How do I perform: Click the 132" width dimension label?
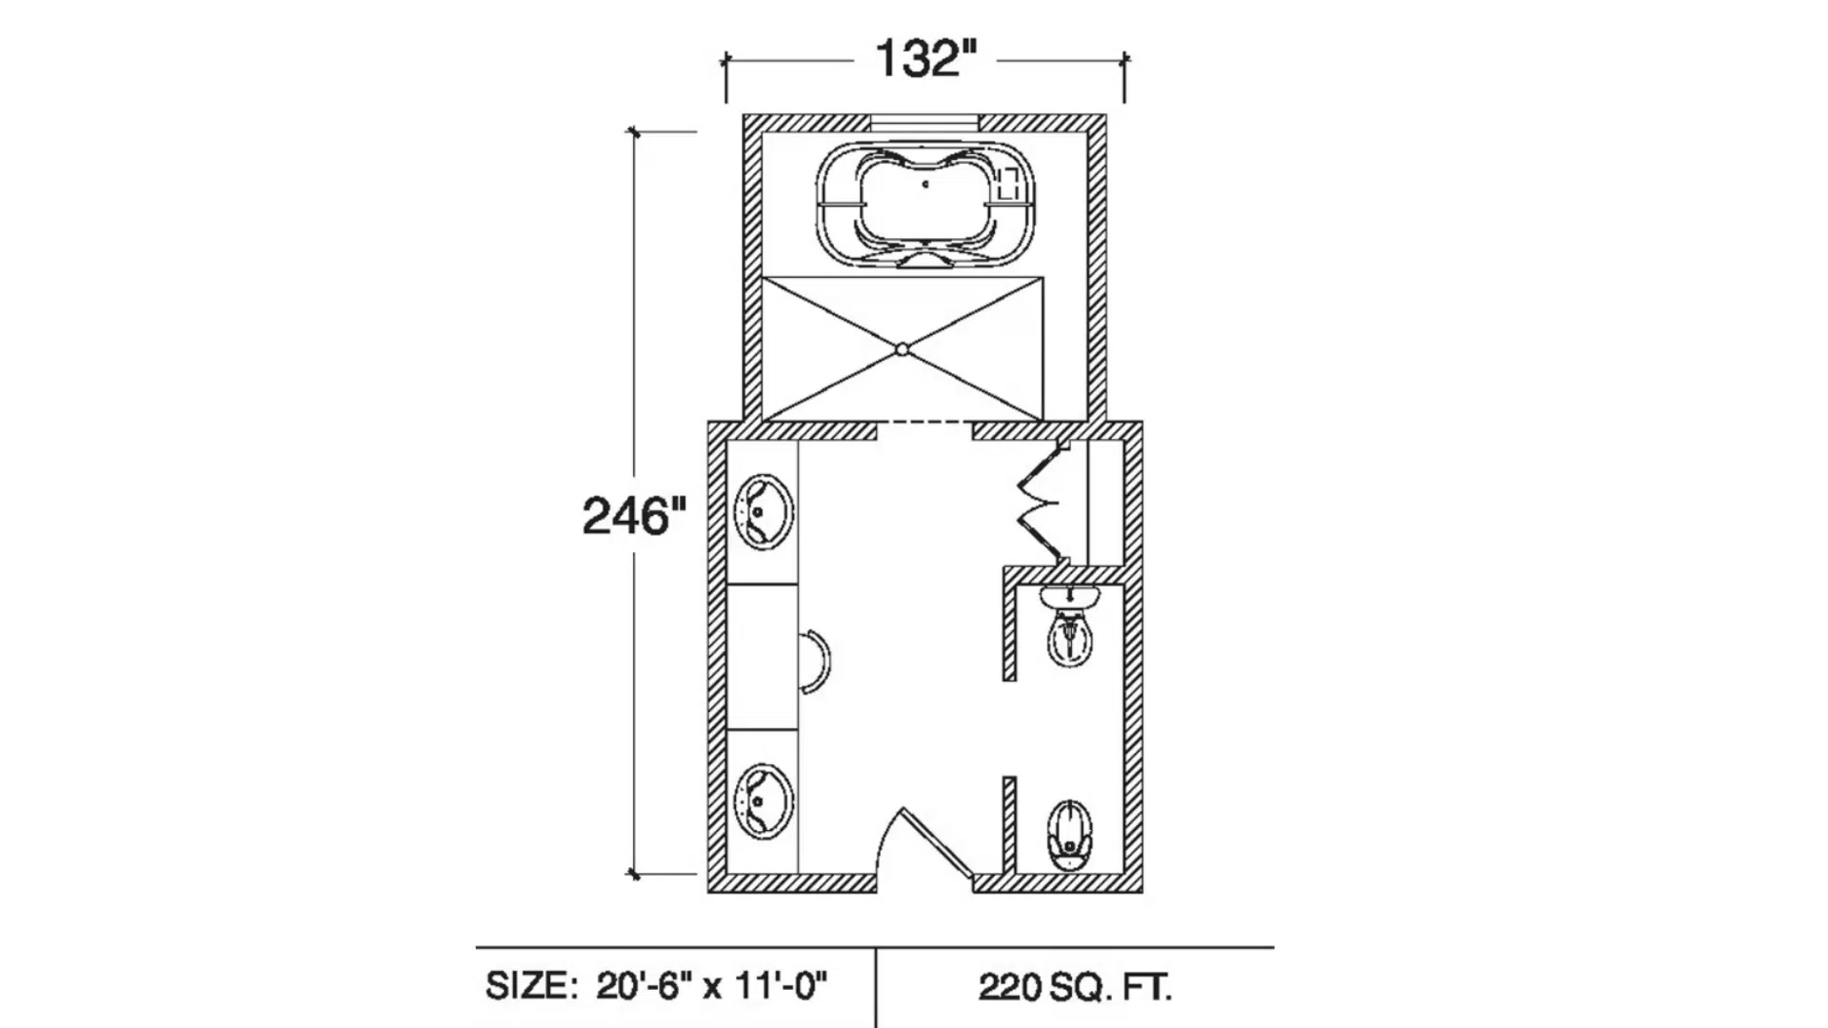tap(925, 59)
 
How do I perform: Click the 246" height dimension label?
tap(633, 517)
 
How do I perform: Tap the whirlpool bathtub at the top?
tap(924, 205)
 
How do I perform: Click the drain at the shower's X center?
tap(903, 350)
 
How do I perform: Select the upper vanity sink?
tap(764, 512)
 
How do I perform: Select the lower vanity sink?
tap(764, 801)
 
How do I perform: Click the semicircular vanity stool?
tap(815, 662)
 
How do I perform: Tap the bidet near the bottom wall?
tap(1070, 835)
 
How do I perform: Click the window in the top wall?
tap(924, 121)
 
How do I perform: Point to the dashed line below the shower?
tap(924, 422)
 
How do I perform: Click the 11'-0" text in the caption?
tap(781, 986)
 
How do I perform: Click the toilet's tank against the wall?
tap(1069, 597)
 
